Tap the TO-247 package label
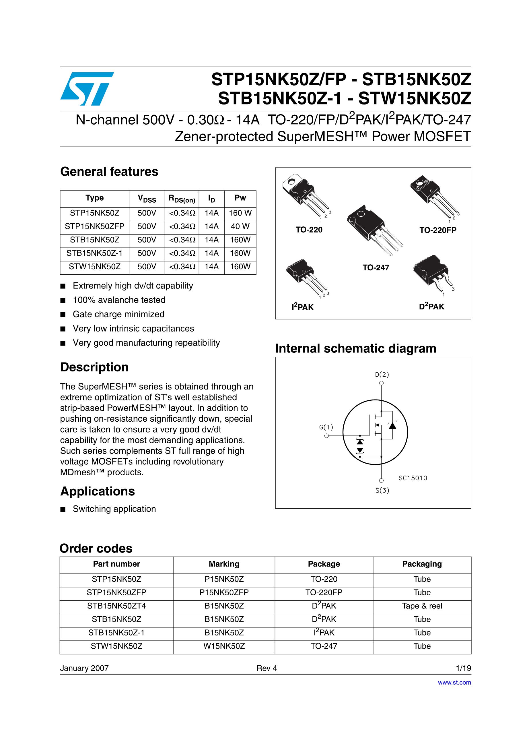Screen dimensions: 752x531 click(x=376, y=268)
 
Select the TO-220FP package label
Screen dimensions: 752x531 click(x=438, y=230)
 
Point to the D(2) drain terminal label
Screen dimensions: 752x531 click(x=382, y=374)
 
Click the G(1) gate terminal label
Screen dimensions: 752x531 click(x=326, y=427)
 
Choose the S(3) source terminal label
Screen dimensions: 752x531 click(x=382, y=490)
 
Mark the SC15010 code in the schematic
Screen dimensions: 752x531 click(x=413, y=478)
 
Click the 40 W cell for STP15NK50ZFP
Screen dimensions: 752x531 click(x=240, y=226)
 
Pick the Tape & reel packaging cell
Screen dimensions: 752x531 click(x=422, y=606)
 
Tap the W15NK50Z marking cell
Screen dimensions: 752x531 click(x=224, y=646)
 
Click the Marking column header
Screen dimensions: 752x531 click(x=224, y=564)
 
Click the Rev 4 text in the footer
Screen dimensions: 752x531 click(x=267, y=668)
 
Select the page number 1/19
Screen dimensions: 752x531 click(x=463, y=668)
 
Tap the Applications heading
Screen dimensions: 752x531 click(x=98, y=491)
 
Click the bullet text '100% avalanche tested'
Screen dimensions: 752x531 click(x=119, y=300)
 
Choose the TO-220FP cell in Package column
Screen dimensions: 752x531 click(x=324, y=592)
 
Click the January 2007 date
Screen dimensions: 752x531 click(x=84, y=668)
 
